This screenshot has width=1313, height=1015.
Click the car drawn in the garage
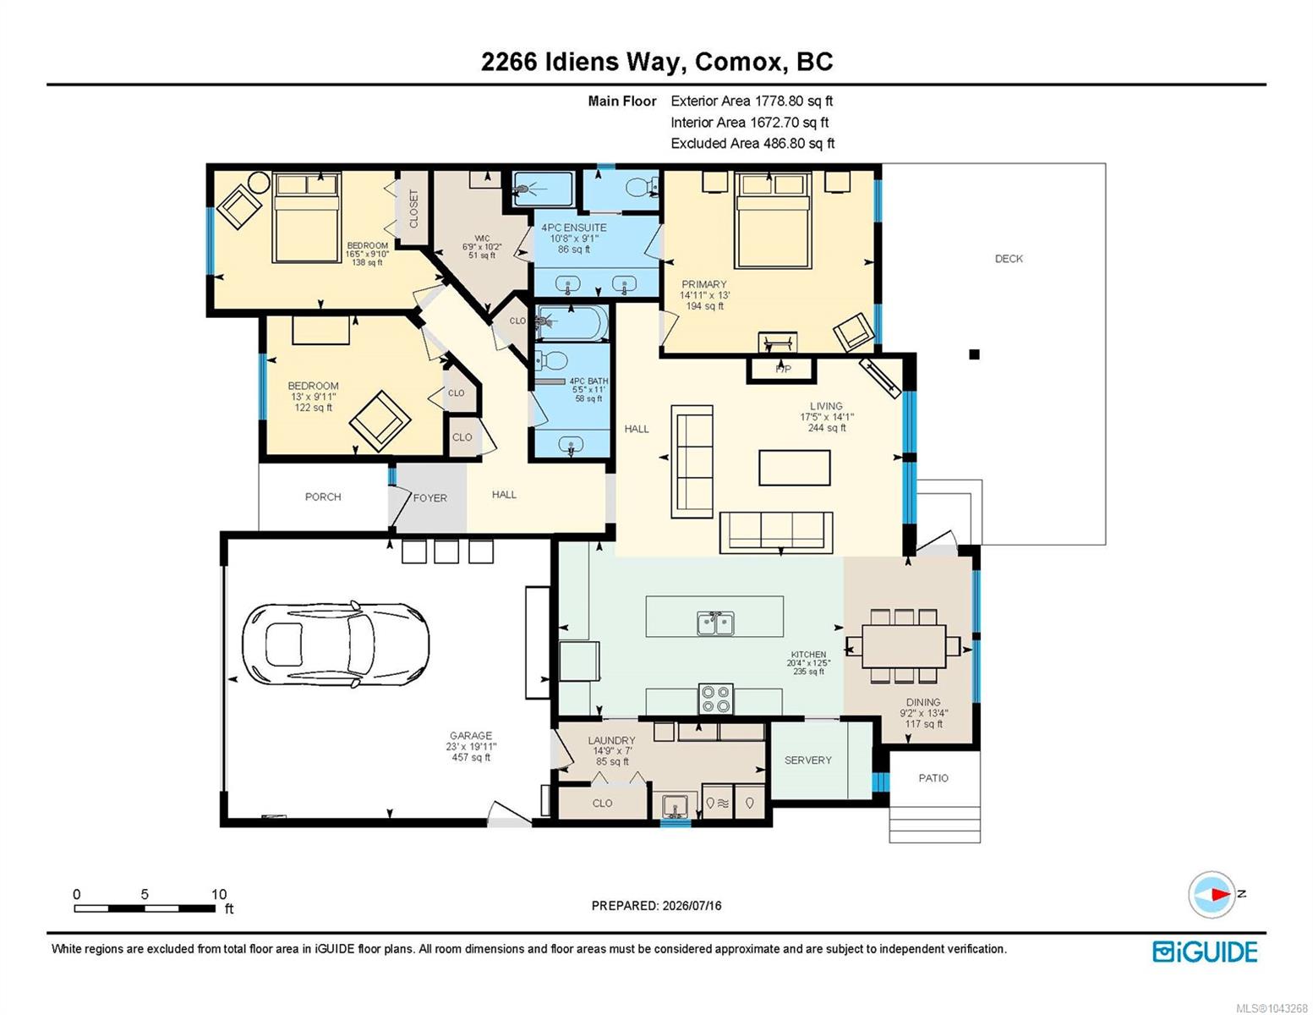[336, 645]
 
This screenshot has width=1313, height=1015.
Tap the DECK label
[1009, 259]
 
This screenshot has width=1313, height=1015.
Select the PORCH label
[323, 497]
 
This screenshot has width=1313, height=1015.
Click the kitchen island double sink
[715, 623]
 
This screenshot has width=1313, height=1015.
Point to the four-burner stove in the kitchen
[716, 698]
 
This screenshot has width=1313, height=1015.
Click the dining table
[903, 646]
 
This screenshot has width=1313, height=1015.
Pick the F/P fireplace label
[783, 369]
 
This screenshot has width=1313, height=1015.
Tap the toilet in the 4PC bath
[550, 361]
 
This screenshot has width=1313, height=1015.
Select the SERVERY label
[808, 760]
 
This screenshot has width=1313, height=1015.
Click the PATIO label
[933, 778]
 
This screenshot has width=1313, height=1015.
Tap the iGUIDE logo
[1205, 952]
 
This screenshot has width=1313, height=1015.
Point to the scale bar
[145, 908]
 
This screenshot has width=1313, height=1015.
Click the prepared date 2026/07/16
[692, 906]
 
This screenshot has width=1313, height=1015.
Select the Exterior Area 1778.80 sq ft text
[752, 101]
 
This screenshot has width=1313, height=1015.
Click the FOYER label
[429, 498]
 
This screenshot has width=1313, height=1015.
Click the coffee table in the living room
[795, 467]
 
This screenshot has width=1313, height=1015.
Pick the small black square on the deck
[974, 355]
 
